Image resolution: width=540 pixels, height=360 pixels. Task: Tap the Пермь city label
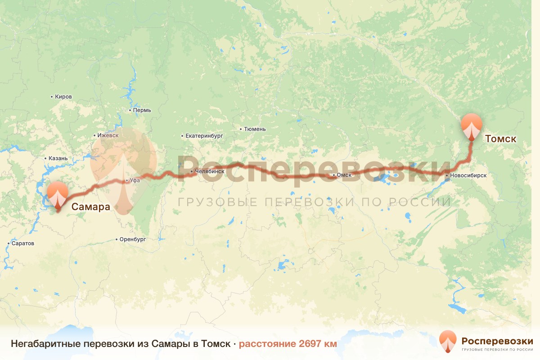point(142,110)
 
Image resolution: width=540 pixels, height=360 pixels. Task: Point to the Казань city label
point(58,158)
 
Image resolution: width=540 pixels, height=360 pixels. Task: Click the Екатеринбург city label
point(204,135)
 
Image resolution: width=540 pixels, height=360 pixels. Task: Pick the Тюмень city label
point(255,129)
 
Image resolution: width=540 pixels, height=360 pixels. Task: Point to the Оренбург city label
point(133,239)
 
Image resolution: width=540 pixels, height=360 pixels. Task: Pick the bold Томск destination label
point(500,139)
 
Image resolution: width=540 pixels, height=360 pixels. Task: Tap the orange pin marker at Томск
point(471,126)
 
